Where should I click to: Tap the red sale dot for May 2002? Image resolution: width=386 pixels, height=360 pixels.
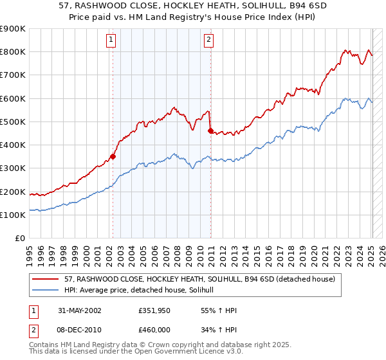point(113,156)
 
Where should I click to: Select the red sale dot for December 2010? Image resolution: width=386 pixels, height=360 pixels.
point(210,130)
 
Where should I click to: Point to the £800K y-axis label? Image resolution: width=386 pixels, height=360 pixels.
point(13,51)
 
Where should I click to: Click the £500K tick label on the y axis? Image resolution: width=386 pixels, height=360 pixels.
point(13,122)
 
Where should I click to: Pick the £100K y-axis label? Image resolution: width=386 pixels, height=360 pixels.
point(13,215)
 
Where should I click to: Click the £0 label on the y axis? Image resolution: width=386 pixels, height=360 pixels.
point(20,238)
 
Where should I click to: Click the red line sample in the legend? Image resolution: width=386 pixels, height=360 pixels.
point(46,280)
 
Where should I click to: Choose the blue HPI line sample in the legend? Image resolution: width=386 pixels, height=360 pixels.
point(46,291)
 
